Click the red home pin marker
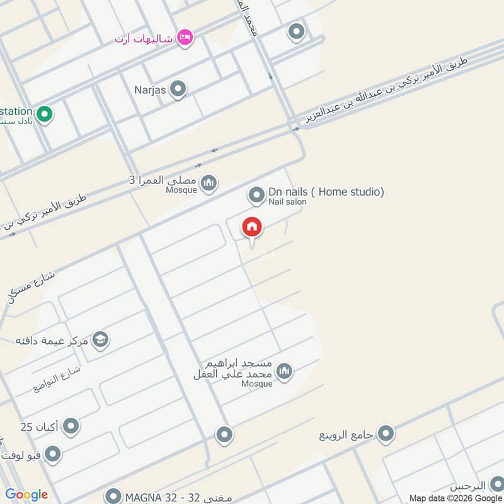(x=252, y=227)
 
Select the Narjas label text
(x=150, y=90)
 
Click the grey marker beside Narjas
(x=178, y=89)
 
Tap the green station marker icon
(x=44, y=114)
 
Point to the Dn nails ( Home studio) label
(x=326, y=192)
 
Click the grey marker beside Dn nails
(x=256, y=195)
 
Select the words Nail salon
(x=287, y=202)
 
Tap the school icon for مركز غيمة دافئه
(x=100, y=340)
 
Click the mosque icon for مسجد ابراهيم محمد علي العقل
(x=284, y=371)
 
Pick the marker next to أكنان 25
(x=71, y=427)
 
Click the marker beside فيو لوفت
(x=53, y=454)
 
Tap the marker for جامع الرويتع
(x=386, y=433)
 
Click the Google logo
(x=26, y=495)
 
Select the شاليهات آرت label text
(x=144, y=39)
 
